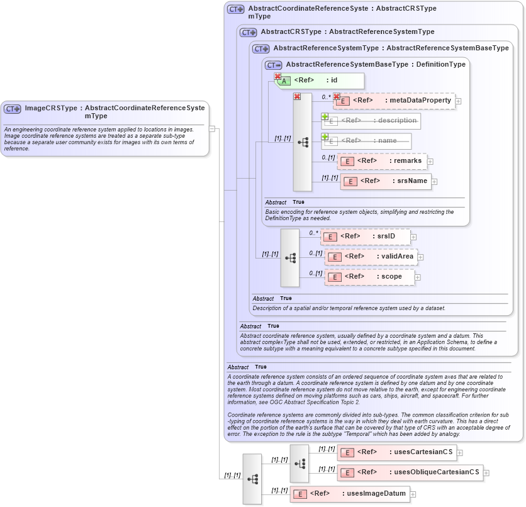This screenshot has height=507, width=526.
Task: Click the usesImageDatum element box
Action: click(x=349, y=494)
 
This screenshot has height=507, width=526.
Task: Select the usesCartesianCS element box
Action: click(x=396, y=452)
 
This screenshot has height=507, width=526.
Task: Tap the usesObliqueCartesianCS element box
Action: click(x=410, y=472)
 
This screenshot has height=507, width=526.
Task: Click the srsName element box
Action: click(x=385, y=181)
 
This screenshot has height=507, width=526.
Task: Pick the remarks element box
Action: click(x=382, y=161)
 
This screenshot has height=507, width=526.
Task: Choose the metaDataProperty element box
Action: click(x=394, y=101)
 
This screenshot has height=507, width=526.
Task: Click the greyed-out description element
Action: click(x=371, y=121)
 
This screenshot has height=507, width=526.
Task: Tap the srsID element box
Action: click(x=365, y=237)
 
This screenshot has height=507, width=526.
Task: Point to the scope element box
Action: click(x=369, y=277)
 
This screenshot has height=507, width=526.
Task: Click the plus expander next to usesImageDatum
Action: click(x=413, y=494)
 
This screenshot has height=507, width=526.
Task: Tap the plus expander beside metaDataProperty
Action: click(x=459, y=101)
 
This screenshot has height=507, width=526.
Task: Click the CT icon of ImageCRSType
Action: click(x=13, y=109)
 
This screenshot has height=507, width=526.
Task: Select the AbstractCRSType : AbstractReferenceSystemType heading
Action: click(x=347, y=31)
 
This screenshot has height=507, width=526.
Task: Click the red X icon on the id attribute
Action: click(x=277, y=76)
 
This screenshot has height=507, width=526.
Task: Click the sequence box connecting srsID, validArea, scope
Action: click(x=290, y=257)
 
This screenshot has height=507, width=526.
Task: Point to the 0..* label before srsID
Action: click(x=313, y=232)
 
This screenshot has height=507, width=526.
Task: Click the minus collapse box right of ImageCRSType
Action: click(x=212, y=128)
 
